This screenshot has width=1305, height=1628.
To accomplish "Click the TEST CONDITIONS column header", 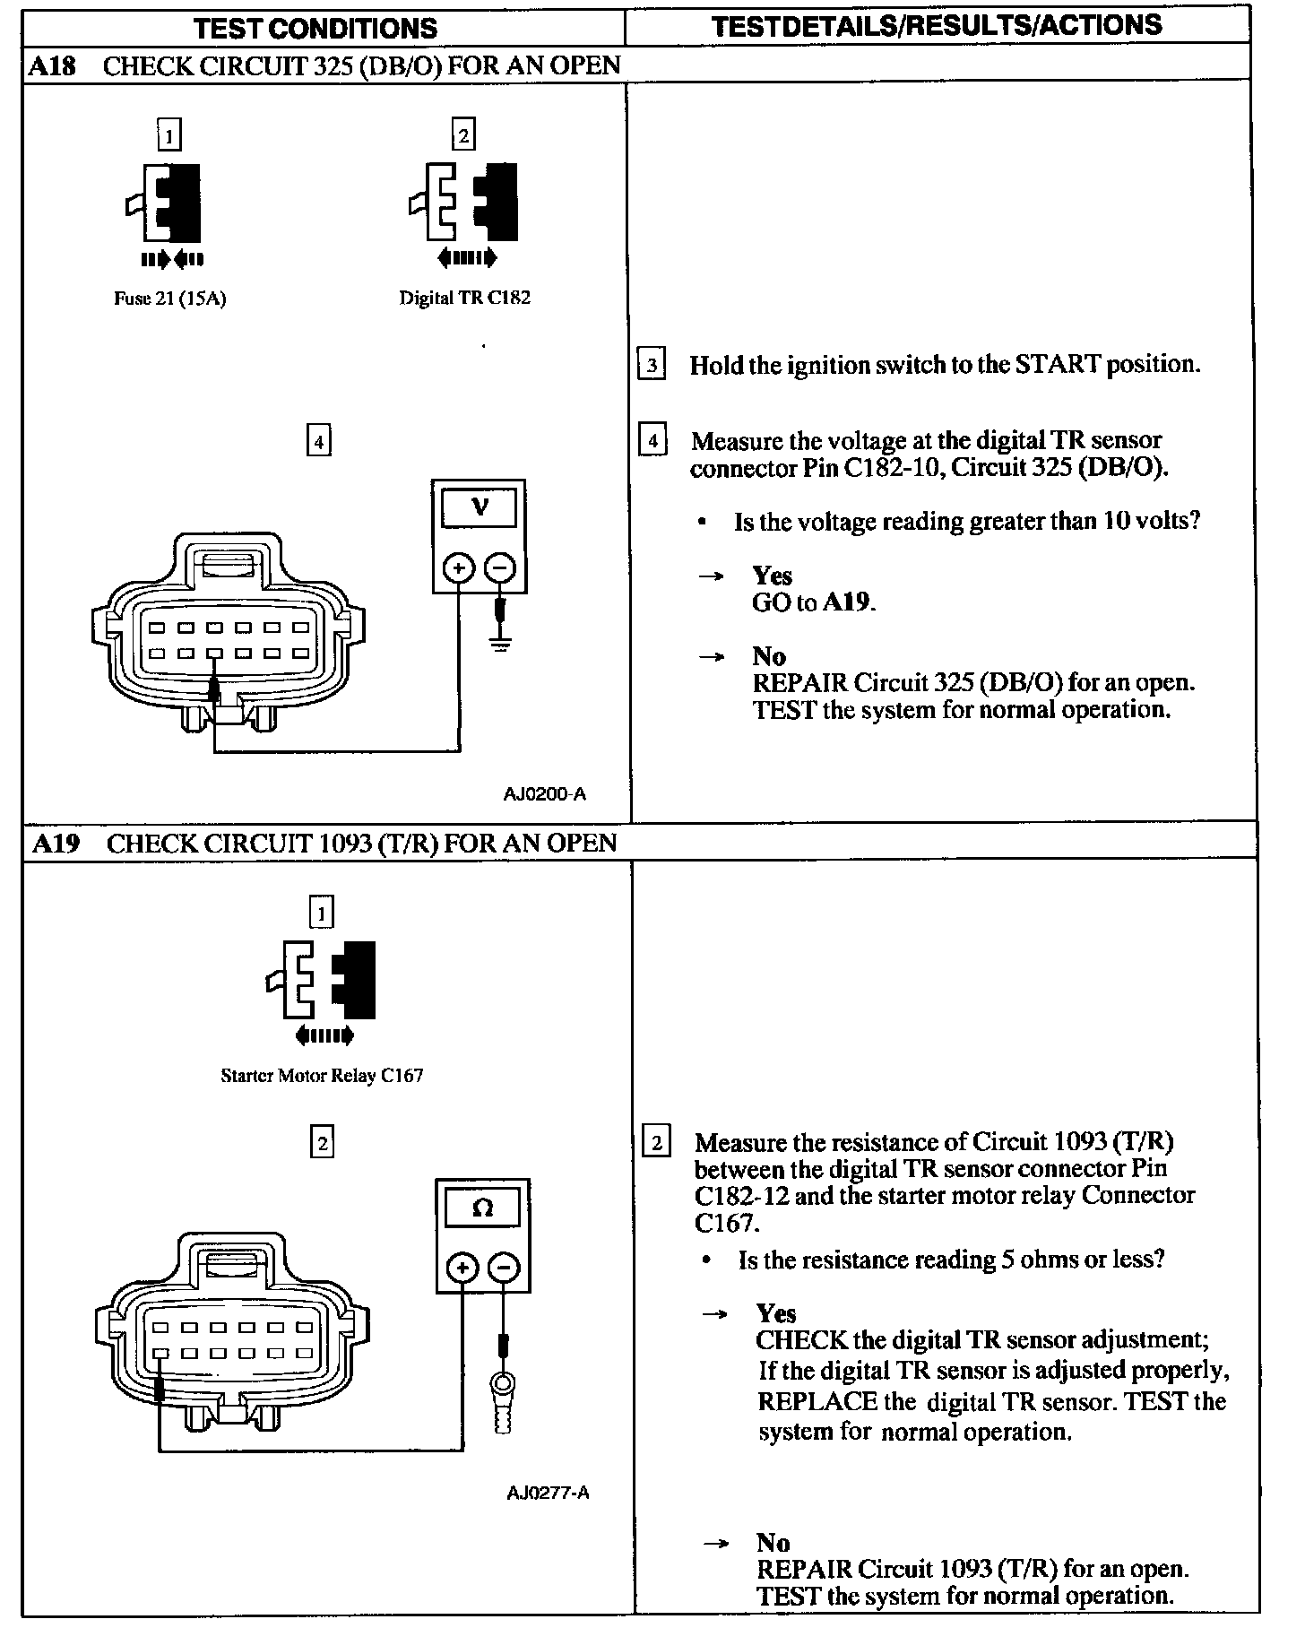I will pyautogui.click(x=315, y=27).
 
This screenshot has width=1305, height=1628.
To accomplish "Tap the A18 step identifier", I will pyautogui.click(x=54, y=65).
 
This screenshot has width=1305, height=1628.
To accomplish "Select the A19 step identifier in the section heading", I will pyautogui.click(x=56, y=843).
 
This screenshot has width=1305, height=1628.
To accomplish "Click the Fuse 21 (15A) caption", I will pyautogui.click(x=169, y=299).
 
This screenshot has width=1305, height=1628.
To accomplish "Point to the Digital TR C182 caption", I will pyautogui.click(x=464, y=298).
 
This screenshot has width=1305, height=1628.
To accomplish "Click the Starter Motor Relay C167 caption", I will pyautogui.click(x=322, y=1075).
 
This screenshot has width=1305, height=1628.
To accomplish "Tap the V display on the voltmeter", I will pyautogui.click(x=480, y=508).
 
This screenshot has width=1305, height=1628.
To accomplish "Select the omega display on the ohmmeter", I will pyautogui.click(x=482, y=1208).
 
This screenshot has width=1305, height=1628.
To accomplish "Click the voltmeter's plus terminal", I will pyautogui.click(x=458, y=567).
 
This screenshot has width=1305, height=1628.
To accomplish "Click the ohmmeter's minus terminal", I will pyautogui.click(x=505, y=1268).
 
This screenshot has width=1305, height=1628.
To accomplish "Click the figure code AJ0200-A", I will pyautogui.click(x=545, y=793).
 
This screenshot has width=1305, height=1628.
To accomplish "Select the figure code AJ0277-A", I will pyautogui.click(x=548, y=1493).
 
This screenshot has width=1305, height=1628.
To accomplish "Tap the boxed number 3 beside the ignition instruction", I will pyautogui.click(x=652, y=365).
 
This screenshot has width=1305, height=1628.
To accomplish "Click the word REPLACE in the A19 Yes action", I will pyautogui.click(x=817, y=1400).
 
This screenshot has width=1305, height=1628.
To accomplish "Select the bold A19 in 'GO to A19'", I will pyautogui.click(x=846, y=602).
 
